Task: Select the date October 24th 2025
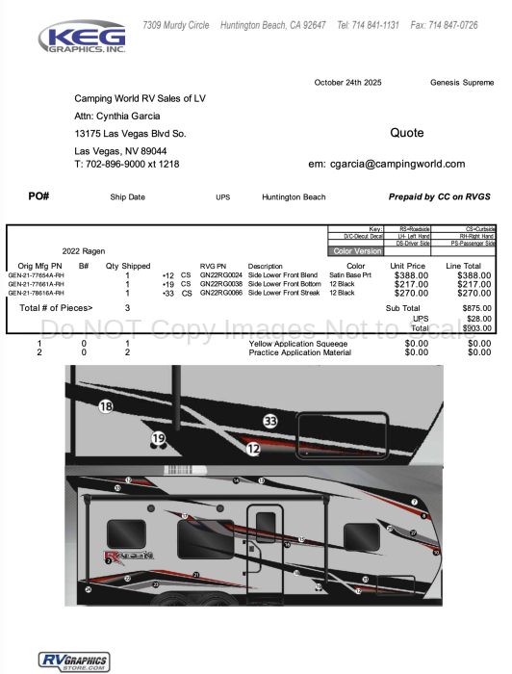coord(347,83)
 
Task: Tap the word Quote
coord(406,133)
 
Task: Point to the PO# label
coord(39,196)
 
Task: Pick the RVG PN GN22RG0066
coord(220,293)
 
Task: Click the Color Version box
coord(356,251)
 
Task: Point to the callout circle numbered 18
coord(106,407)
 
